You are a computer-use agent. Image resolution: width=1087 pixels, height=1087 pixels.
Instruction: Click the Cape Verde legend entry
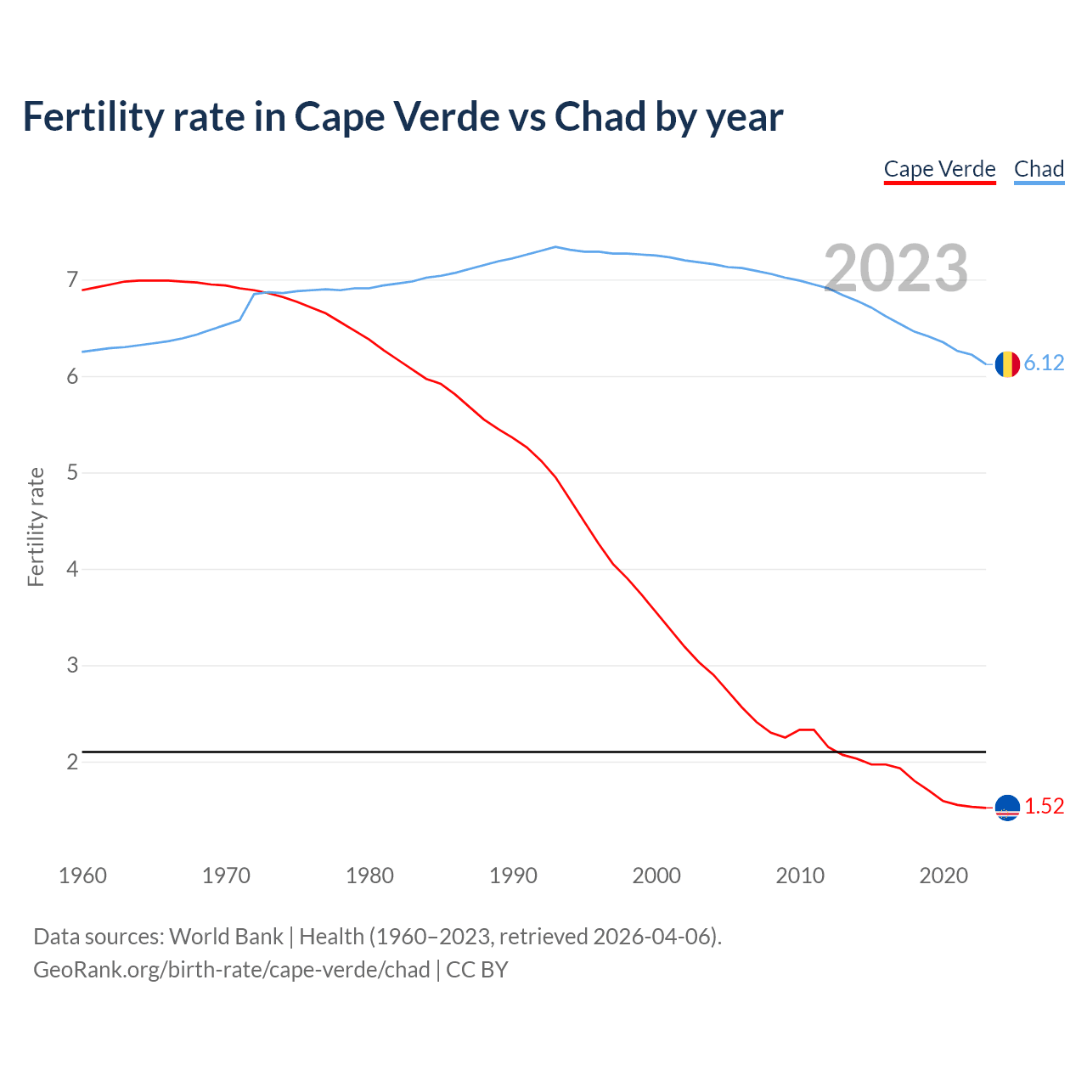pos(939,169)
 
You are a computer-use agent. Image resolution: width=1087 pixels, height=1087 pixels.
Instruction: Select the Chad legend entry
pos(1039,169)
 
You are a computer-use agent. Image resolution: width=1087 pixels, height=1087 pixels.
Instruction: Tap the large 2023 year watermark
pos(896,268)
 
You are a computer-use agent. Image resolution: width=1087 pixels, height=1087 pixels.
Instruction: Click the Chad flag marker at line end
pos(1006,363)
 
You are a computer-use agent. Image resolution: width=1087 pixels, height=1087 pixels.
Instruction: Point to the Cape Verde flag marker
pos(1006,808)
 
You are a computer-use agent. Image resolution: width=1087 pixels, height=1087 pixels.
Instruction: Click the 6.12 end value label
pos(1044,363)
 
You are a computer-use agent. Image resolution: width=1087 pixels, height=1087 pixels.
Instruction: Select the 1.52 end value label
pos(1044,807)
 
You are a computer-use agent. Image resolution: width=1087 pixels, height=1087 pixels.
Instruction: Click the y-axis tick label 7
pos(72,279)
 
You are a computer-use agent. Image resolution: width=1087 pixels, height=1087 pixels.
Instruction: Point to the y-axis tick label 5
pos(72,472)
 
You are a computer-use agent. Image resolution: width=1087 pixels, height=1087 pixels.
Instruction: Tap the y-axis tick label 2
pos(72,762)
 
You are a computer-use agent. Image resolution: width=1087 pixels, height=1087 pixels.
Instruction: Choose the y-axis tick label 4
pos(72,569)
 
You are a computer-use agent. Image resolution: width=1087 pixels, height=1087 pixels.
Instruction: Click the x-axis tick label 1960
pos(82,876)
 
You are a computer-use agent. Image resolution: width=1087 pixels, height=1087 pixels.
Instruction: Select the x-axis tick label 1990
pos(513,876)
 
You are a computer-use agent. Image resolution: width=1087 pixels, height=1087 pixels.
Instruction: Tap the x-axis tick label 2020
pos(943,876)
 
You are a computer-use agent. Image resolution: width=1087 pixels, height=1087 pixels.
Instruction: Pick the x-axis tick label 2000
pos(656,876)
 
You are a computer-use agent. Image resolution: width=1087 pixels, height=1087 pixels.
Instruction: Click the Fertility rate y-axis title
pos(36,527)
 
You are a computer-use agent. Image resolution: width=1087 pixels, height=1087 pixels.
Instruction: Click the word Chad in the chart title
pos(600,116)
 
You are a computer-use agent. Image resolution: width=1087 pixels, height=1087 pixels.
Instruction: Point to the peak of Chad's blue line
pos(555,247)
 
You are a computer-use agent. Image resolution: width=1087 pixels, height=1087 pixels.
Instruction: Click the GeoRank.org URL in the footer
pos(231,970)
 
